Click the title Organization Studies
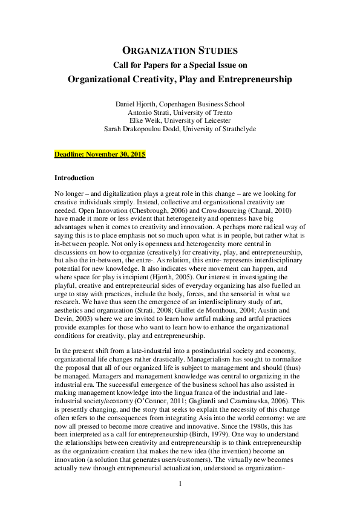[180, 51]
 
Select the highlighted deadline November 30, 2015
[100, 154]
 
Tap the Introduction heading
[74, 178]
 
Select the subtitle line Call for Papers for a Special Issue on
[180, 65]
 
